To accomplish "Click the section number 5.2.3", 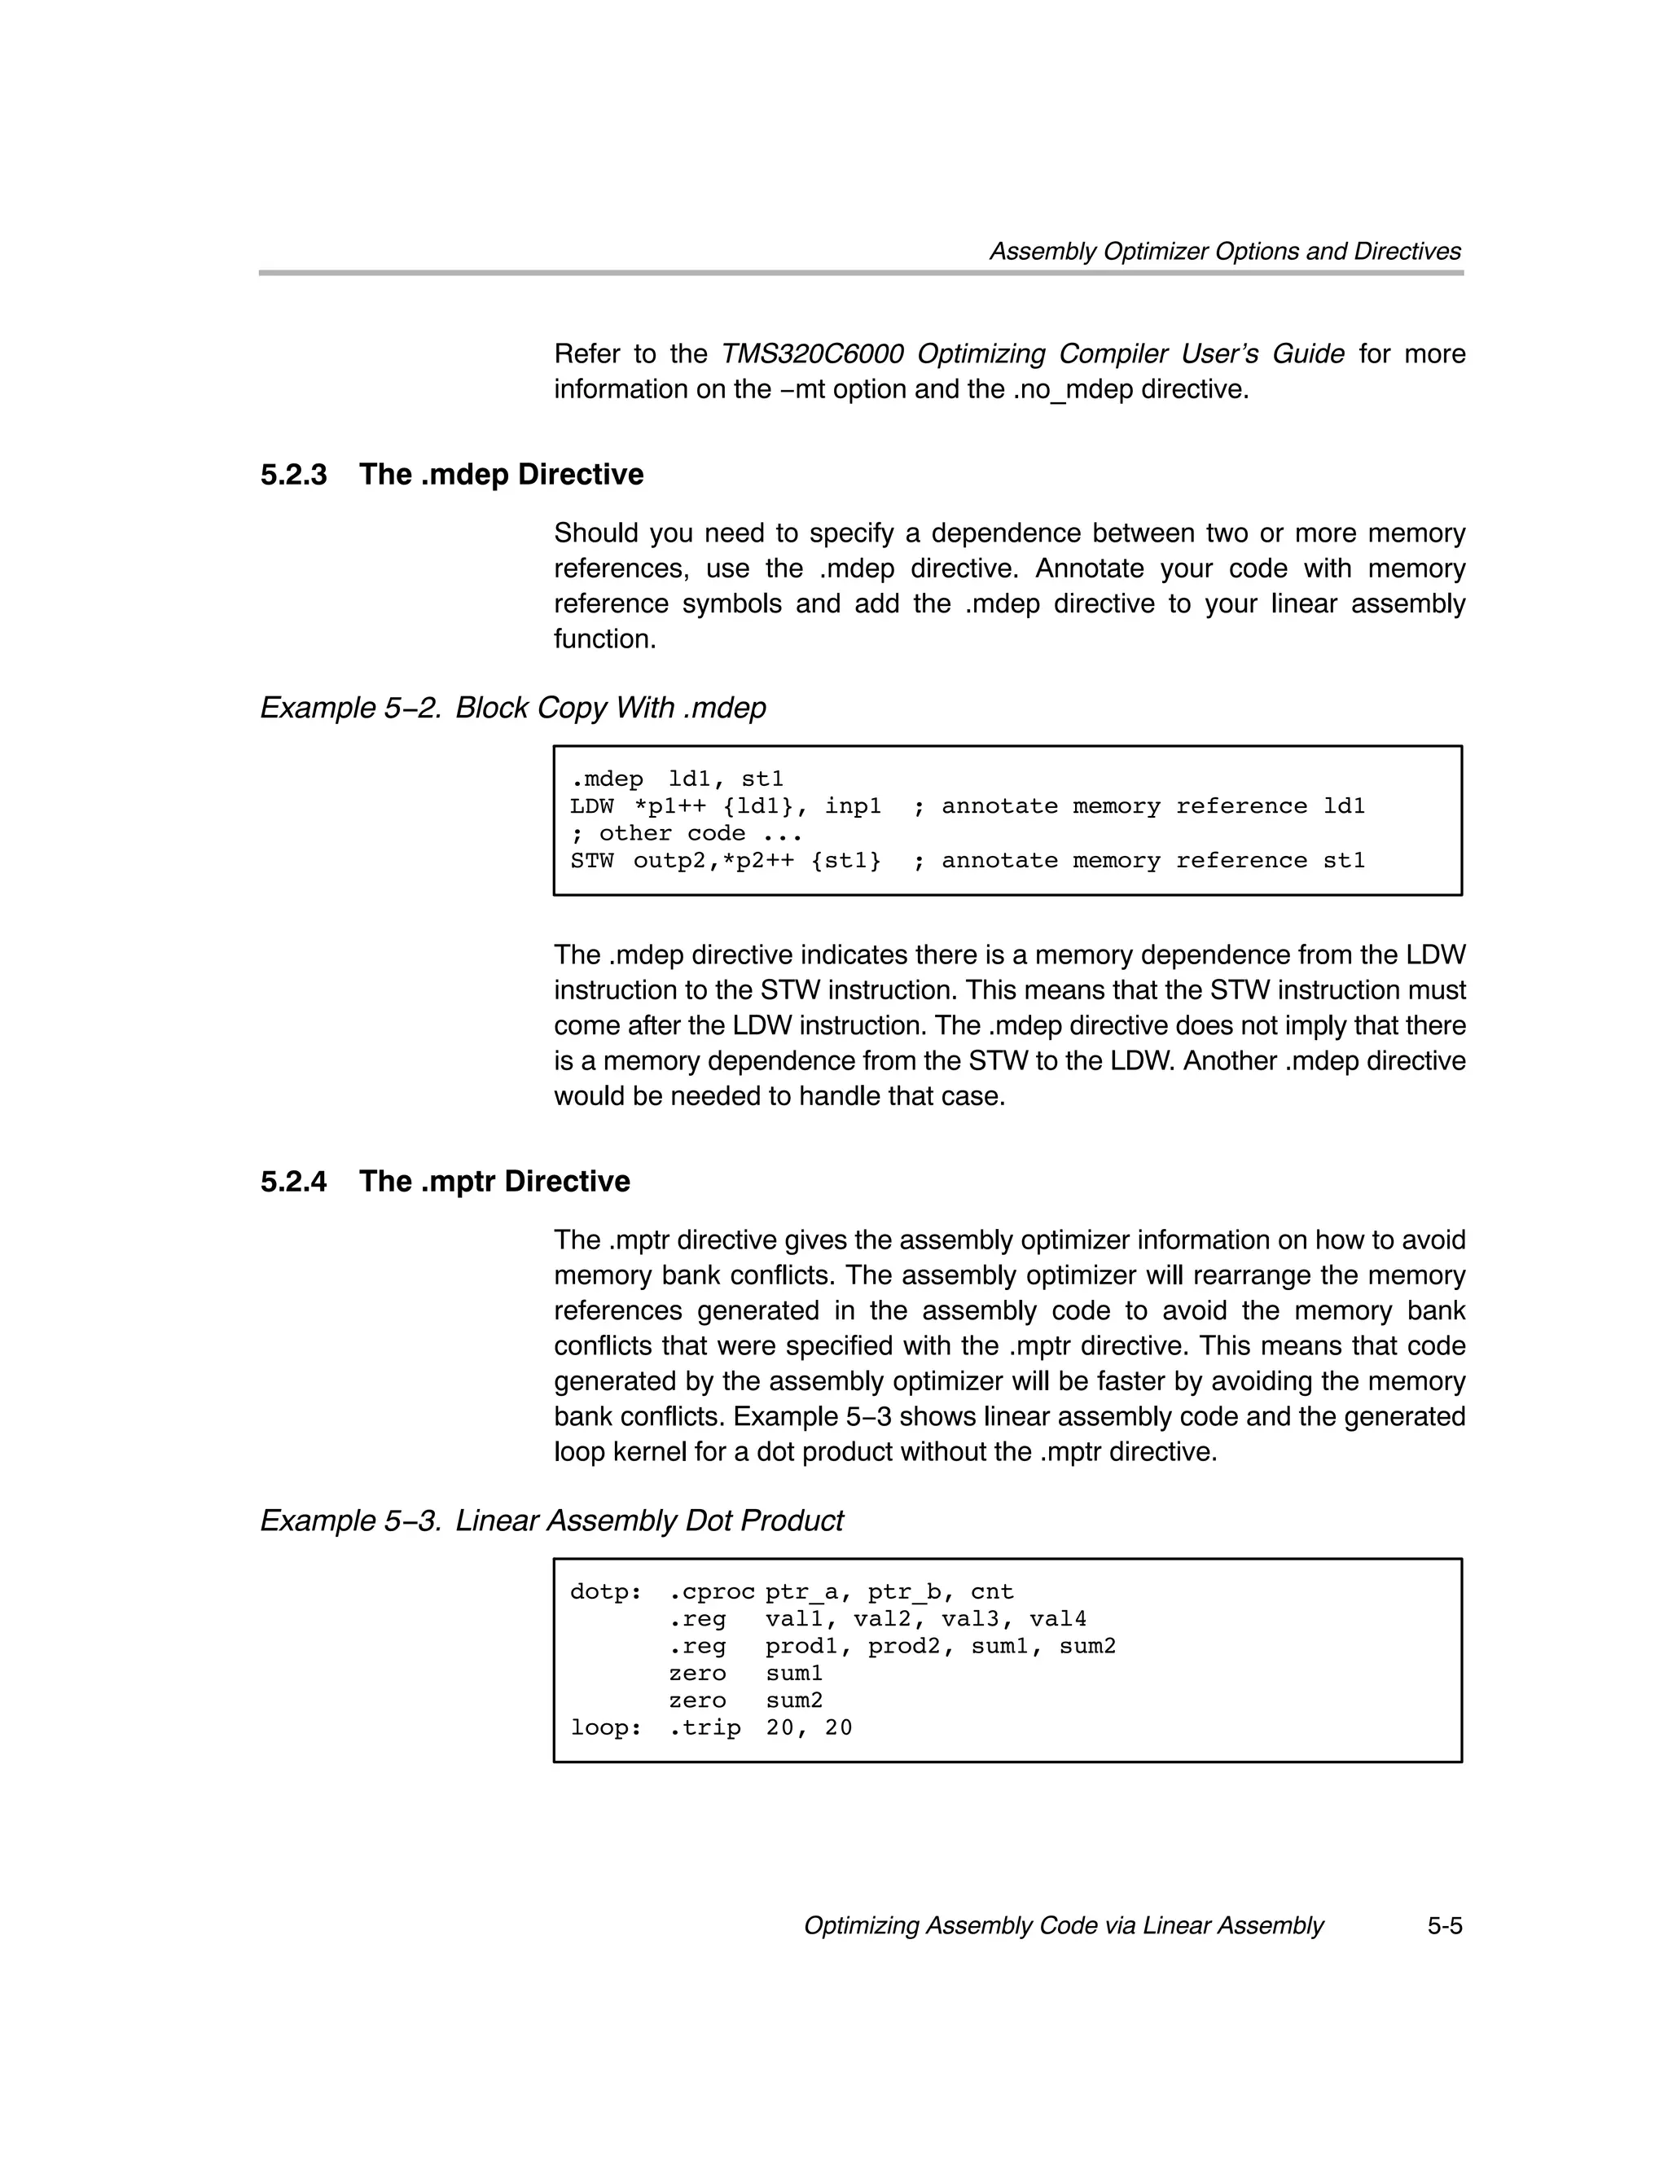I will click(x=294, y=476).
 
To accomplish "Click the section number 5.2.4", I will click(x=294, y=1183).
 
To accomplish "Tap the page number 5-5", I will click(x=1443, y=1926).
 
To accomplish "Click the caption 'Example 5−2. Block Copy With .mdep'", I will click(x=512, y=709).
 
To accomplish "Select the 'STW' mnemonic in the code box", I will click(x=591, y=861).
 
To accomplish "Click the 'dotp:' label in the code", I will click(x=605, y=1592).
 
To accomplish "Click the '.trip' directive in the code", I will click(x=704, y=1728).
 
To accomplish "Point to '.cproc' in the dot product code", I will click(x=711, y=1592).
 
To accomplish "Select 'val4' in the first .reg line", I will click(x=1057, y=1619).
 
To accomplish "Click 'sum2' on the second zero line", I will click(x=794, y=1701).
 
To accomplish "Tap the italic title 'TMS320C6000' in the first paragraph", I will click(x=812, y=354).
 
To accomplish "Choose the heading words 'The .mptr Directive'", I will click(x=494, y=1183).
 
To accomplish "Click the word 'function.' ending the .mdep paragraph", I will click(x=604, y=639).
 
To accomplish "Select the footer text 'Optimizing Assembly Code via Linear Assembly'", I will click(x=1063, y=1926).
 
